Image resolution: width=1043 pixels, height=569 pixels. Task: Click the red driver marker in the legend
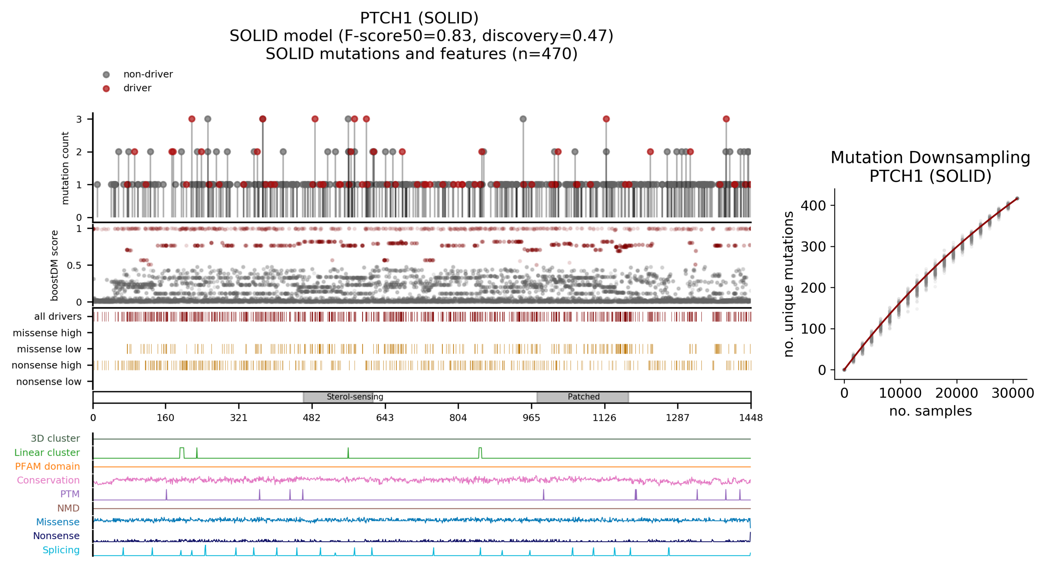coord(106,89)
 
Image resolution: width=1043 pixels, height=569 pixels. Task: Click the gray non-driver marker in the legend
coord(106,74)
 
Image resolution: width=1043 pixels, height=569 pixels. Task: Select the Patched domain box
coord(583,397)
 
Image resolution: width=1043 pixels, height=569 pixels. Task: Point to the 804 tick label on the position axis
coord(458,418)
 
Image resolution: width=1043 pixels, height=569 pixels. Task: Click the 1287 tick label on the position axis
coord(677,418)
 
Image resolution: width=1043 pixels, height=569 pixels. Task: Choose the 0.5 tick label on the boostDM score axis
coord(74,265)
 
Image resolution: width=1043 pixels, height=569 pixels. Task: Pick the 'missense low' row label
coord(49,349)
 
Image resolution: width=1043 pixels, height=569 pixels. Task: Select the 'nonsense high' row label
coord(46,365)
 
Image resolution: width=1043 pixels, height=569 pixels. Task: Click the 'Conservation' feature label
coord(48,480)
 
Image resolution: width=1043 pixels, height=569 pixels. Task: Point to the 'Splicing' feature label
coord(61,550)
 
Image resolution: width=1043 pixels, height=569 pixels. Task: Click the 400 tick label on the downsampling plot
coord(813,206)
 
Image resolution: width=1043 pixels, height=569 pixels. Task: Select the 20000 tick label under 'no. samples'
coord(956,393)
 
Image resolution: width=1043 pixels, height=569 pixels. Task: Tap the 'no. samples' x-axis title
coord(930,411)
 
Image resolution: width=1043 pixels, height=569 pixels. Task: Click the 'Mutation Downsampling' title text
coord(930,157)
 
